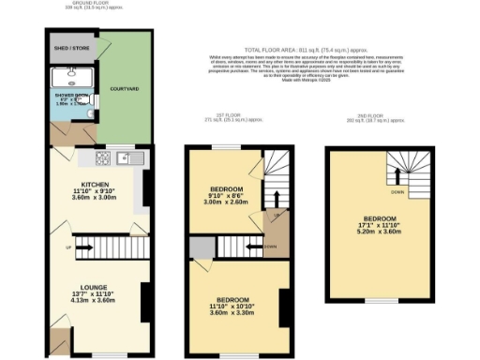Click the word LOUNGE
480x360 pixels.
[96, 287]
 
